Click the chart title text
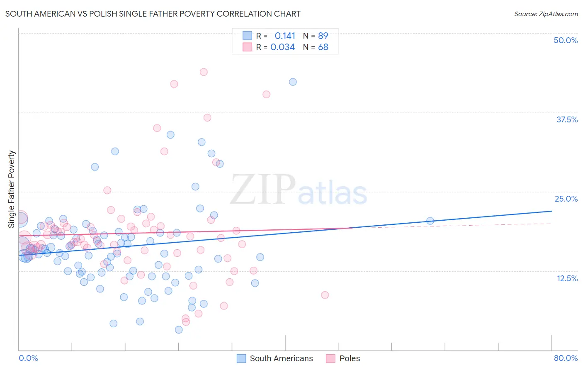pyautogui.click(x=153, y=14)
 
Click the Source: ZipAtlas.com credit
pyautogui.click(x=546, y=14)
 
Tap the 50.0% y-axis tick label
pyautogui.click(x=566, y=40)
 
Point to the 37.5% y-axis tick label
pyautogui.click(x=567, y=119)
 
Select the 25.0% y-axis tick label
pyautogui.click(x=566, y=199)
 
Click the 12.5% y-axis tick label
pyautogui.click(x=567, y=278)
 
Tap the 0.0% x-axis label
pyautogui.click(x=28, y=358)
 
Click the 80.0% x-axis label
pyautogui.click(x=566, y=358)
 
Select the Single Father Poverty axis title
pyautogui.click(x=11, y=189)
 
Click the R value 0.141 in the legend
pyautogui.click(x=285, y=36)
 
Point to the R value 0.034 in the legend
pyautogui.click(x=282, y=47)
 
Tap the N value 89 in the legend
pyautogui.click(x=323, y=36)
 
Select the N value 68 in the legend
pyautogui.click(x=323, y=47)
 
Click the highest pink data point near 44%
pyautogui.click(x=204, y=72)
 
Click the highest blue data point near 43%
pyautogui.click(x=293, y=82)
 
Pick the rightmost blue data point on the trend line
pyautogui.click(x=430, y=221)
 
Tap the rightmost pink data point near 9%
pyautogui.click(x=325, y=295)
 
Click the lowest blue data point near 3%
pyautogui.click(x=179, y=330)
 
